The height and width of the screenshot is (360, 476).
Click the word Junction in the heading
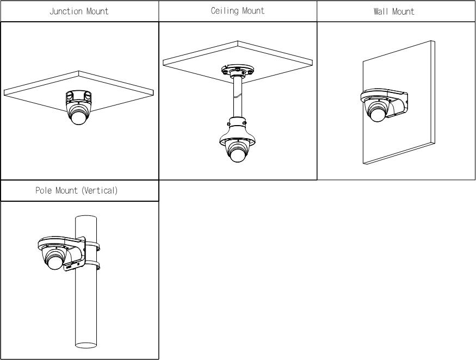tap(65, 11)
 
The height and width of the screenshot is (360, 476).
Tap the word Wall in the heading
tap(380, 11)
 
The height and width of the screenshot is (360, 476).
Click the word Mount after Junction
tap(96, 11)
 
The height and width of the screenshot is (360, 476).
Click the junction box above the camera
tap(79, 97)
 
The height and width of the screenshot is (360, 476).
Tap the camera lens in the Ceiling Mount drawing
tap(237, 154)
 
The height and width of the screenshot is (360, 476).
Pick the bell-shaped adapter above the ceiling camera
tap(237, 131)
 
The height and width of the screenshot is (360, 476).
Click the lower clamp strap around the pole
tap(92, 266)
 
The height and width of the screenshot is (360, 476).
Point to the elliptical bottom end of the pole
tap(86, 345)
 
